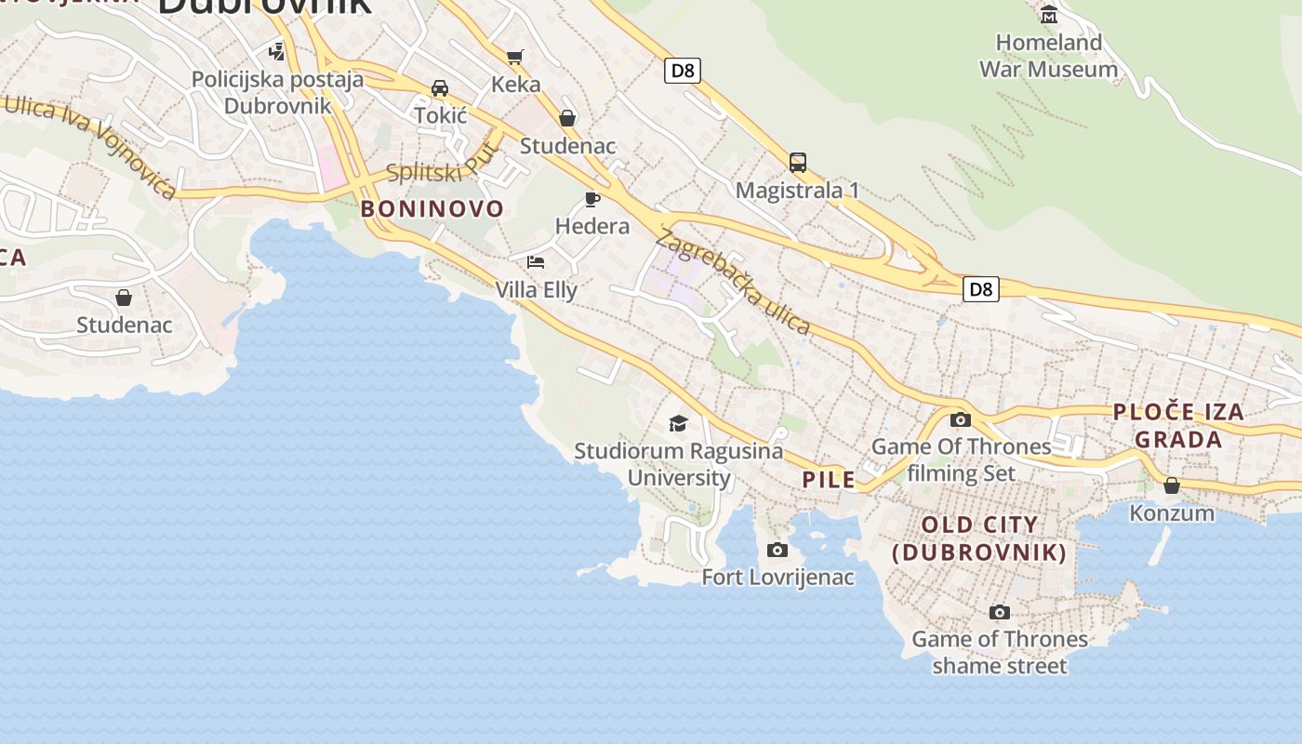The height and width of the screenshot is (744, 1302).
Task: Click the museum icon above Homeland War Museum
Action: [x=1049, y=14]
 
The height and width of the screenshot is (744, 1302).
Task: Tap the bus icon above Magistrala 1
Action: [x=797, y=163]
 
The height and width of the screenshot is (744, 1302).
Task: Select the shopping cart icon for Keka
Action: [x=515, y=57]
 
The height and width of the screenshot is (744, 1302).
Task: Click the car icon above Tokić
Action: [x=440, y=88]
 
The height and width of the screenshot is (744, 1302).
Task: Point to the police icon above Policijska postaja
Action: [x=277, y=51]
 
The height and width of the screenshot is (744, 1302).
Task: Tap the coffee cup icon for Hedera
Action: [x=591, y=198]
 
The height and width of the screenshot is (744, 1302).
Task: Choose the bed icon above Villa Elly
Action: [x=536, y=262]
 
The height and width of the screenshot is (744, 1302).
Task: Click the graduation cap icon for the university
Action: [x=678, y=424]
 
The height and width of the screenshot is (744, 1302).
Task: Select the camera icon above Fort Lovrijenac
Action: [x=777, y=551]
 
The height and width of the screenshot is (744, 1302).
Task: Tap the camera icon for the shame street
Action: [x=1000, y=612]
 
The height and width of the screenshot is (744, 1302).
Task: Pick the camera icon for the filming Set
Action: [x=961, y=419]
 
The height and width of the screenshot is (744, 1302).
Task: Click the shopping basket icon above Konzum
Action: [x=1172, y=485]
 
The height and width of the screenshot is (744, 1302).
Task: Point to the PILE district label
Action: [x=829, y=480]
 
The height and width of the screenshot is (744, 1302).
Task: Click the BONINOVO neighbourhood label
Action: [x=432, y=209]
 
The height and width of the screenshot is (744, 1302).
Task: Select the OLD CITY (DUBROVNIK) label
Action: [x=979, y=538]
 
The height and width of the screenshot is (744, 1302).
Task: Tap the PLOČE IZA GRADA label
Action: [x=1178, y=426]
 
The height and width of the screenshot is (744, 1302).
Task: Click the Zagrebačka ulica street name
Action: [x=734, y=282]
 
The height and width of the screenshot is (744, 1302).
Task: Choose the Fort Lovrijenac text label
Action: [x=777, y=578]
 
